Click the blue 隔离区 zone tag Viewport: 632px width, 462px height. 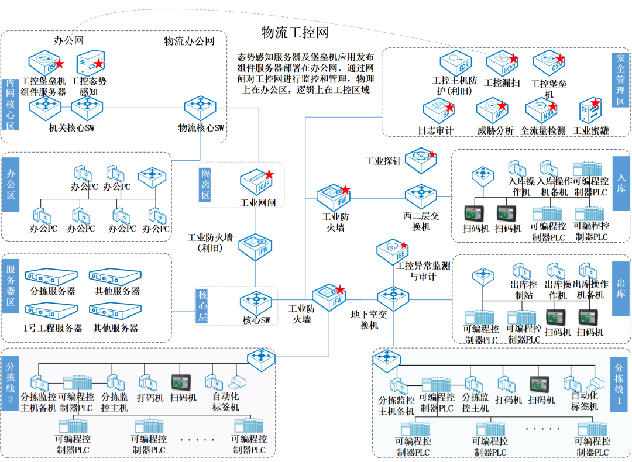204,184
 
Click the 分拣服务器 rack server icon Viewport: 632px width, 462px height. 52,277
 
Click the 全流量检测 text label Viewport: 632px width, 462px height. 542,130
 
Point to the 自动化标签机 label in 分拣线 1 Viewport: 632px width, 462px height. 585,401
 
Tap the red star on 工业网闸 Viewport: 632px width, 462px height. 269,174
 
